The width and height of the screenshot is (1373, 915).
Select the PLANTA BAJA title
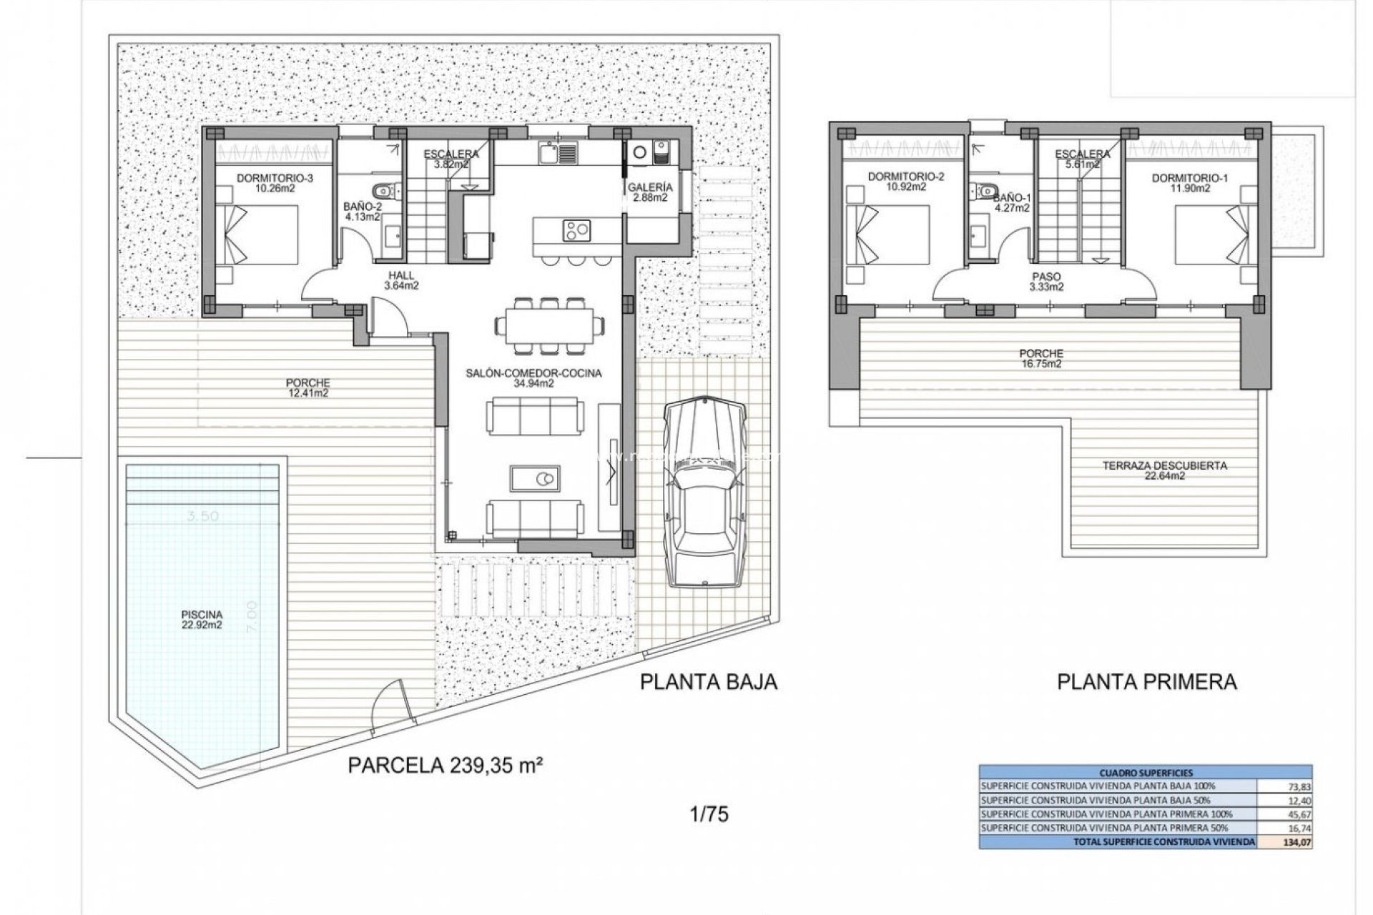[708, 682]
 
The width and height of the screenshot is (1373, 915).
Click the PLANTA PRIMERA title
[1147, 682]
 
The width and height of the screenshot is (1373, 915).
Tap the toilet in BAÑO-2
[384, 190]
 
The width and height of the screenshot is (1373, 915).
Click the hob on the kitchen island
[577, 230]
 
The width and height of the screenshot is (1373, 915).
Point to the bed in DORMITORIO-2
[888, 235]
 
